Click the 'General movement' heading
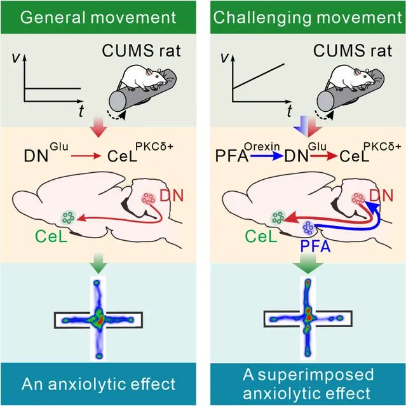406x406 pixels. pos(99,17)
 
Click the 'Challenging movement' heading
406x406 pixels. pos(307,17)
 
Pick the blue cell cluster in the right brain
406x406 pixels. pos(311,227)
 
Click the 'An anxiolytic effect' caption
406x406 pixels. pos(99,384)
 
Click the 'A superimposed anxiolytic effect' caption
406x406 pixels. pos(307,384)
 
